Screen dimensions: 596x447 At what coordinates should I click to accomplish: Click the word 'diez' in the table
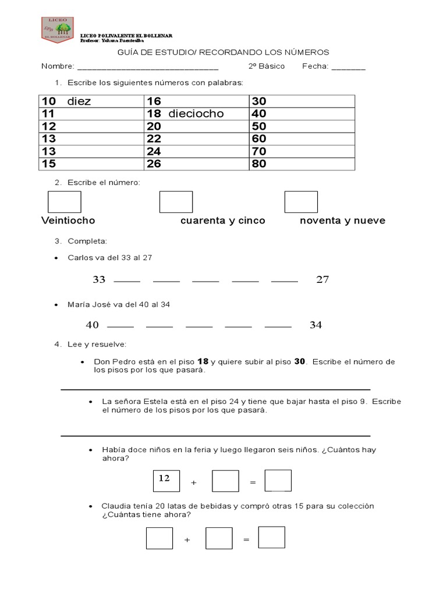point(79,101)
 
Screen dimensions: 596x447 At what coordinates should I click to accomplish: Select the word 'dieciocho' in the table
point(196,113)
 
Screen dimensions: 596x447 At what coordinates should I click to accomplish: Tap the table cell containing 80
point(301,164)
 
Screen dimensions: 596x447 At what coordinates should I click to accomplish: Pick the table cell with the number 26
point(197,164)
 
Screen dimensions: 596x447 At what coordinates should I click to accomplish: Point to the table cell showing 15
point(91,164)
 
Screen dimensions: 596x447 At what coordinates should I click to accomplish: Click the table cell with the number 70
point(301,151)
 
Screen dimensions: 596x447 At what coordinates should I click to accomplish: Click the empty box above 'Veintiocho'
point(64,202)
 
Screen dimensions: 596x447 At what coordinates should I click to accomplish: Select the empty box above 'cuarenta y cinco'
point(176,202)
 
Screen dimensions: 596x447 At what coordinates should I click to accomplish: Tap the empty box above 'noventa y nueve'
point(301,202)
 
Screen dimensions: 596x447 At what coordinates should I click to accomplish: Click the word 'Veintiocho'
point(68,221)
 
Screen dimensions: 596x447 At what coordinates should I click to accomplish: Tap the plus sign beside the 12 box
point(194,483)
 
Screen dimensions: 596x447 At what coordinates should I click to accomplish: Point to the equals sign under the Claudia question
point(246,540)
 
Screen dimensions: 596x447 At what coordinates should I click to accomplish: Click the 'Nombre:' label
point(57,66)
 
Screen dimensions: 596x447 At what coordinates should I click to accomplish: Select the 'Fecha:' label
point(315,66)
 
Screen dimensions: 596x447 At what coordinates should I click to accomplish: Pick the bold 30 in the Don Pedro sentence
point(300,361)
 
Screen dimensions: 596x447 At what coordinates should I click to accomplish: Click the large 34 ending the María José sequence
point(315,325)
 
